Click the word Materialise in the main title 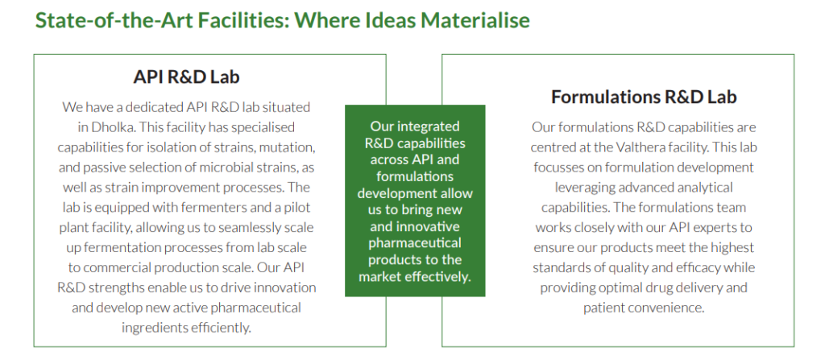(475, 20)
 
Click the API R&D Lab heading (186, 77)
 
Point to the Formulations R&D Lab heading (644, 97)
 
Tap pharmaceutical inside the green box (415, 244)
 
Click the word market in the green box (380, 277)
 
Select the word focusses (556, 168)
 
